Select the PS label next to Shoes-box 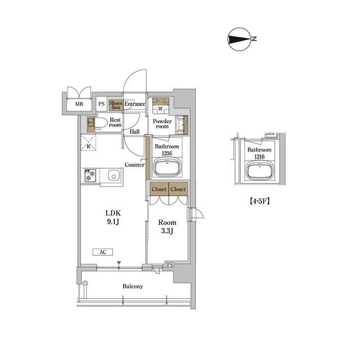point(101,104)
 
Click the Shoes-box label point(116,104)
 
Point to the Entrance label point(135,104)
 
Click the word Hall point(135,132)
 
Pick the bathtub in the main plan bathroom point(167,168)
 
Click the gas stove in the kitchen point(90,175)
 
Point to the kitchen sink point(112,175)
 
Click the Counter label point(134,165)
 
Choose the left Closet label point(159,190)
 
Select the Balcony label point(133,286)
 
